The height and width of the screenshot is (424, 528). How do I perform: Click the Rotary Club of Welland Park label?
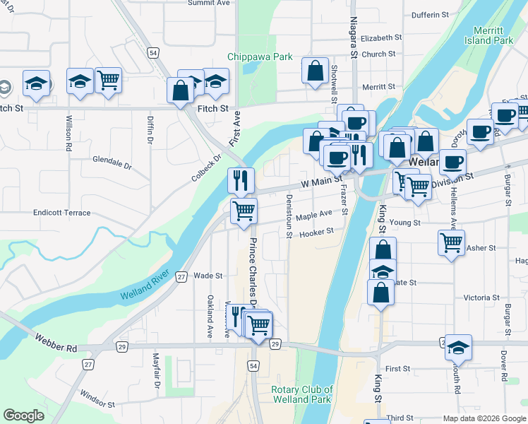[302, 394]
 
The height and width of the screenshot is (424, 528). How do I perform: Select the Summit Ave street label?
[209, 3]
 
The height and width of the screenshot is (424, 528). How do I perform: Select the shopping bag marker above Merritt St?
[315, 71]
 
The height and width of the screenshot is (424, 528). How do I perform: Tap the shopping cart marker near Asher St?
[451, 243]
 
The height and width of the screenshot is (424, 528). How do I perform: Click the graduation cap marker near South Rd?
[458, 348]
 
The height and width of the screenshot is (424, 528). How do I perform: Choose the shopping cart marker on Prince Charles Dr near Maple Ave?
[244, 211]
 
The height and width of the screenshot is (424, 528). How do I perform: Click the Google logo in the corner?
[24, 416]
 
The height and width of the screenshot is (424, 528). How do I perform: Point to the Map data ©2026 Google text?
[484, 418]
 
